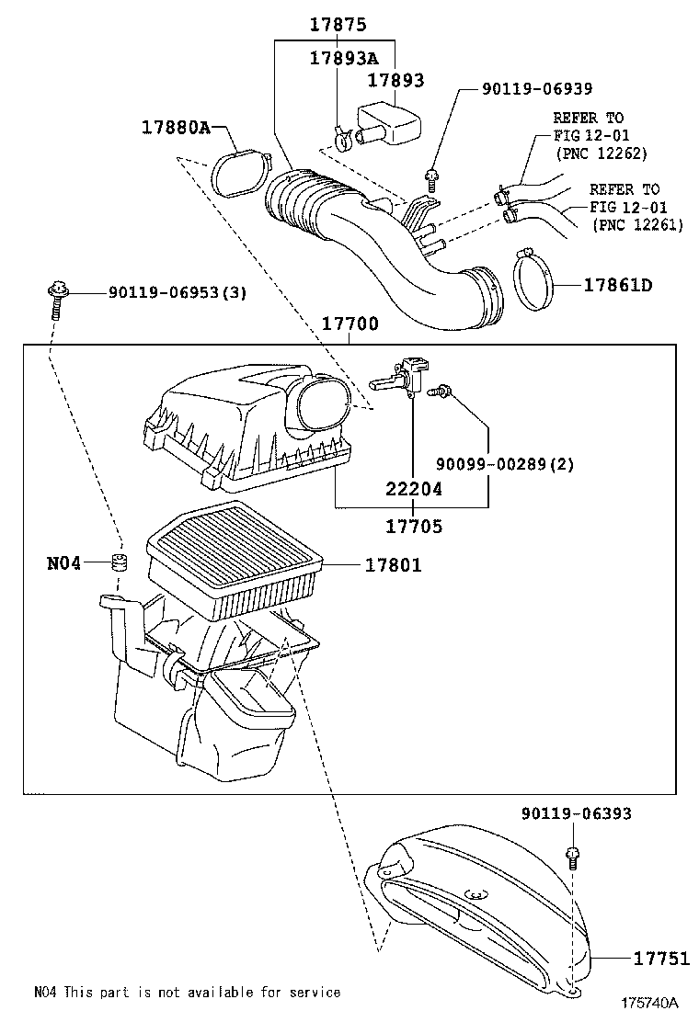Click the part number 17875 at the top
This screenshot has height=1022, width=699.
point(335,27)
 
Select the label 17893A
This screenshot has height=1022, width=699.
point(343,57)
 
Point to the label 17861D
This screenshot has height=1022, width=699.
point(617,285)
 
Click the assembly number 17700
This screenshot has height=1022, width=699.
point(349,324)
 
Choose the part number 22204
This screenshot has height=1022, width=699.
point(412,489)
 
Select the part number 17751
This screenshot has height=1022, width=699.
point(660,959)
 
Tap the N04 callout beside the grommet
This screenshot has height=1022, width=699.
point(63,562)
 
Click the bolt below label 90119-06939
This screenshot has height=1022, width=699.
point(430,176)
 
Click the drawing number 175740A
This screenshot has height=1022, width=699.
point(647,1003)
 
